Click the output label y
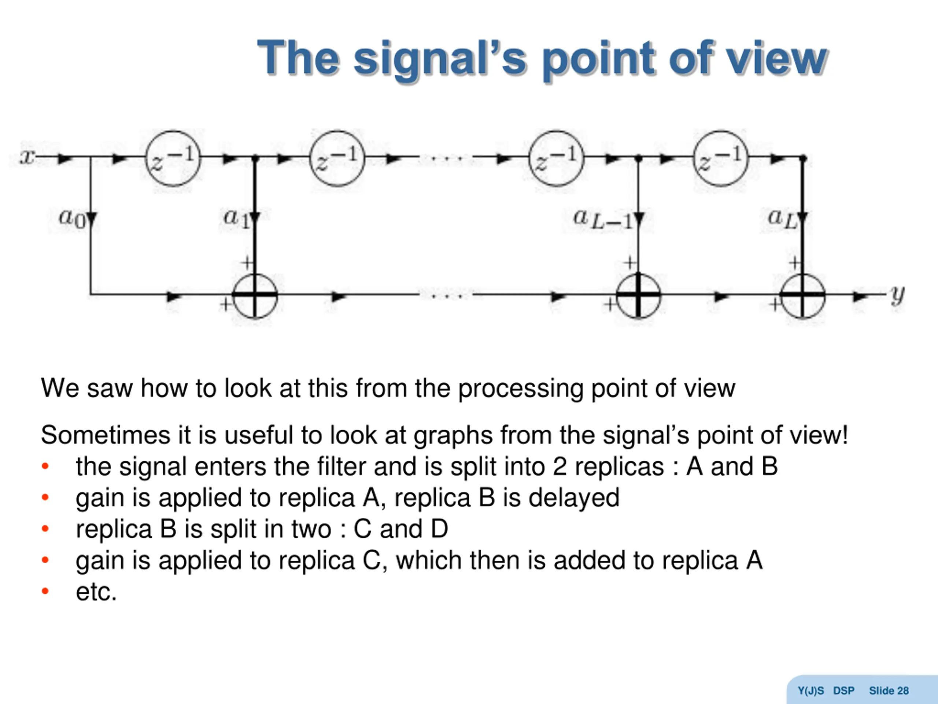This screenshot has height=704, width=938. (897, 294)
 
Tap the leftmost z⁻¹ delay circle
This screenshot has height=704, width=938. (173, 158)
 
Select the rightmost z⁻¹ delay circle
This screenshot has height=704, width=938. (720, 158)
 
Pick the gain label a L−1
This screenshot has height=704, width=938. (602, 219)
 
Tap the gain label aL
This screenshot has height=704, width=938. (782, 219)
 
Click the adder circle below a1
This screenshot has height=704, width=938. (254, 295)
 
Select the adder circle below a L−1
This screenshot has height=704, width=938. (638, 295)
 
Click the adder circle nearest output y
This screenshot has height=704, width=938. (802, 295)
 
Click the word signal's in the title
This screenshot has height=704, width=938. (440, 59)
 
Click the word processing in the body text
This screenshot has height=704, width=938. (520, 389)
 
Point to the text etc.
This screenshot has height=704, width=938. (96, 591)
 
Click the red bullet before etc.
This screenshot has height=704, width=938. (45, 591)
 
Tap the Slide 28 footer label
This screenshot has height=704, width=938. (889, 691)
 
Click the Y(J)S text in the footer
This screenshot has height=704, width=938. (810, 691)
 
